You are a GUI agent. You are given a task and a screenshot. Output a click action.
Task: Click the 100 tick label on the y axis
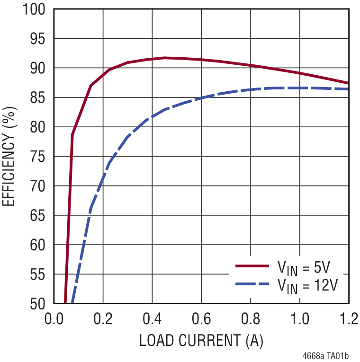tap(35, 9)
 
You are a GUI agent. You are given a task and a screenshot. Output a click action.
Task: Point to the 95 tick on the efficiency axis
tap(39, 39)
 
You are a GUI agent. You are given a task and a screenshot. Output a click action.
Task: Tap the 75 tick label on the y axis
tap(39, 157)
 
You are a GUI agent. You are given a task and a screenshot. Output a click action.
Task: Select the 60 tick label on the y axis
tap(39, 245)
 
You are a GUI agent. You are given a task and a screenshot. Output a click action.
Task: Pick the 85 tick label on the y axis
tap(39, 98)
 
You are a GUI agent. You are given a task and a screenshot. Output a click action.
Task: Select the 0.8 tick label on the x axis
tap(251, 318)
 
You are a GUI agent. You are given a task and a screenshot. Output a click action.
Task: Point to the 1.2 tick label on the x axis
tap(349, 318)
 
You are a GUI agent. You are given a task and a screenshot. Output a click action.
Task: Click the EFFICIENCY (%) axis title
tap(10, 156)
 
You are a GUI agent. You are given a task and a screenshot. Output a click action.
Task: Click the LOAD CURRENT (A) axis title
tap(201, 340)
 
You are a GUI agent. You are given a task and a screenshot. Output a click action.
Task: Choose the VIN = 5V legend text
tap(303, 268)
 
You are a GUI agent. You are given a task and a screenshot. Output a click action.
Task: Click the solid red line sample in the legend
tap(253, 267)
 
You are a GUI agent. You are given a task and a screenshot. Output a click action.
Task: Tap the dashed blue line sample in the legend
tap(253, 283)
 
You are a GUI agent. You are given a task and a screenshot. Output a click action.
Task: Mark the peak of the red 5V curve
tap(164, 58)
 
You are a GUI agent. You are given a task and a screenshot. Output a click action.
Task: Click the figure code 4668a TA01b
tap(326, 355)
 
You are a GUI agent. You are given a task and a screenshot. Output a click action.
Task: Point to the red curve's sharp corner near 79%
tap(72, 134)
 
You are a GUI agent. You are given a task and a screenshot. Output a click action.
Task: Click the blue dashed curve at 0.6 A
tap(201, 97)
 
